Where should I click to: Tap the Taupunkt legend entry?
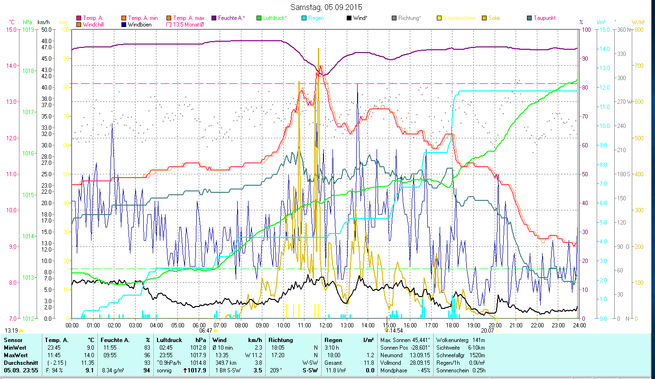click(x=544, y=18)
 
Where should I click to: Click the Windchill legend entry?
click(x=94, y=24)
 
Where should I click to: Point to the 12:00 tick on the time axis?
click(x=326, y=325)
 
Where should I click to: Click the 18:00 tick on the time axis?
click(x=452, y=325)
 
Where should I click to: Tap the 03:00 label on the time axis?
click(x=135, y=325)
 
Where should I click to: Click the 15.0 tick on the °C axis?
click(x=10, y=29)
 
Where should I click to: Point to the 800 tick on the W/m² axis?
click(x=638, y=29)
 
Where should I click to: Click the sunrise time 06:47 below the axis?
click(x=205, y=331)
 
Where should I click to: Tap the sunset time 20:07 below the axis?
click(x=487, y=331)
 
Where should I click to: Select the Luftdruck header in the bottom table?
click(x=169, y=340)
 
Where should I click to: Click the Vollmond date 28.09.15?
click(x=420, y=363)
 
